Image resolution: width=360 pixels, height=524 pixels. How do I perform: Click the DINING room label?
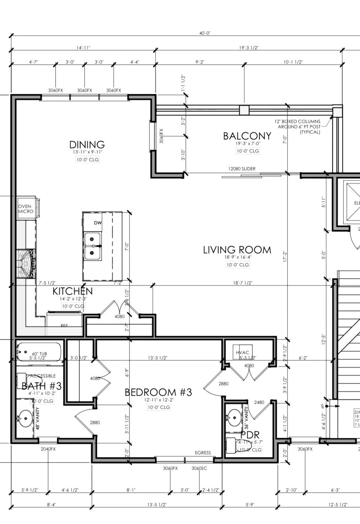pos(87,145)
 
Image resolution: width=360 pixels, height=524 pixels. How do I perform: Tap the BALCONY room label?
pos(247,136)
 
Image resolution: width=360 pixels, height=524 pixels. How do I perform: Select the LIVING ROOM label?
pos(237,250)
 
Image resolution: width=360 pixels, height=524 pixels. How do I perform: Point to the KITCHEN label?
pos(72,291)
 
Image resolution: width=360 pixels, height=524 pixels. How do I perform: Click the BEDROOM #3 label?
pos(158,392)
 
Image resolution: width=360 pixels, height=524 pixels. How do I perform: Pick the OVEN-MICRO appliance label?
pos(26,209)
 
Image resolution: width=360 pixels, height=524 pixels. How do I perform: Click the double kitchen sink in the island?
pos(92,246)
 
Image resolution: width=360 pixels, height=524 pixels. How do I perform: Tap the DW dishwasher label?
pos(98,223)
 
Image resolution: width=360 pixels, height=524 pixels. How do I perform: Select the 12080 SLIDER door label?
pos(242,169)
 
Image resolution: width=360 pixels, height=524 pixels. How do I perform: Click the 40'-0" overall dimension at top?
pos(205,33)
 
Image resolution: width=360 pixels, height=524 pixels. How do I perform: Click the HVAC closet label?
pos(242,352)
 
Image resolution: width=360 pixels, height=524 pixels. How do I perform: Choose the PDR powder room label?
pos(250,435)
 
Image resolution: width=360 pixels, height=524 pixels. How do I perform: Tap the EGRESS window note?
pos(203,453)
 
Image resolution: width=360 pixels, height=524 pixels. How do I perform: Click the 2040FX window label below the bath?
pos(48,449)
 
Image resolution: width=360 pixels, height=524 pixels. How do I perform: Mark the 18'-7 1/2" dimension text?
pos(242,283)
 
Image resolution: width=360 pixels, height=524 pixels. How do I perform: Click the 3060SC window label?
pos(199,468)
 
